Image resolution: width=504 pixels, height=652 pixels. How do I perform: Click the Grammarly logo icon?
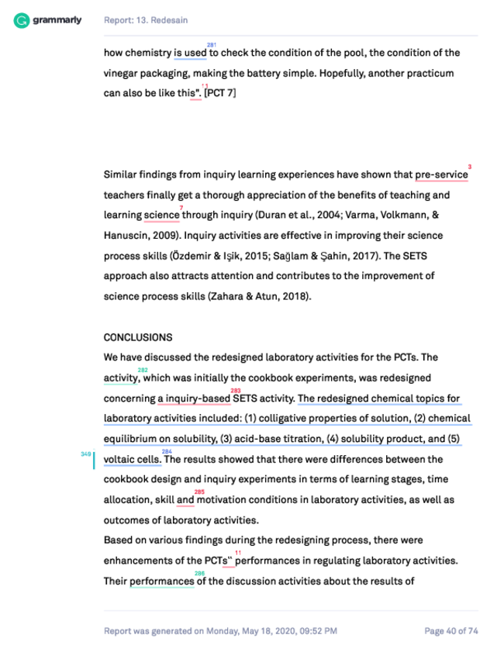tap(22, 20)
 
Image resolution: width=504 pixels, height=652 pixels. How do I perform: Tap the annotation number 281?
tap(212, 45)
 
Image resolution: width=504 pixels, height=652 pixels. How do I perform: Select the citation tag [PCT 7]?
tap(220, 94)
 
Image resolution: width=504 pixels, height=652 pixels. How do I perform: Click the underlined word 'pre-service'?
tap(441, 175)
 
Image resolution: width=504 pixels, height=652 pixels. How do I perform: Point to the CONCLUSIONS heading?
tap(138, 338)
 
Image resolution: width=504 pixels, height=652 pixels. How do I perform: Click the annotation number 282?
tap(143, 371)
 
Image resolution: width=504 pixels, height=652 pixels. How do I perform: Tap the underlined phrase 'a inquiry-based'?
tap(194, 399)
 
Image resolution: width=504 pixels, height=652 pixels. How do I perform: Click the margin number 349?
tap(85, 454)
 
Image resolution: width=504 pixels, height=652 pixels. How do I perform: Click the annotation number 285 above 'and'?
tap(199, 492)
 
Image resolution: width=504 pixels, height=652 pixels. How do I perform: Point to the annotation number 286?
tap(199, 573)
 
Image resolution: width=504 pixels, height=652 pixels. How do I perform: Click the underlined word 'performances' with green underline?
tap(162, 581)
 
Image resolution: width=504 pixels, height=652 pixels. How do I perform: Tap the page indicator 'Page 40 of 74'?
tap(450, 631)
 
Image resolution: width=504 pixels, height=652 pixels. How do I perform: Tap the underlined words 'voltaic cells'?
tap(132, 460)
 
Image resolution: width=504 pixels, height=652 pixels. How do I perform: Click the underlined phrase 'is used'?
tap(190, 53)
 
